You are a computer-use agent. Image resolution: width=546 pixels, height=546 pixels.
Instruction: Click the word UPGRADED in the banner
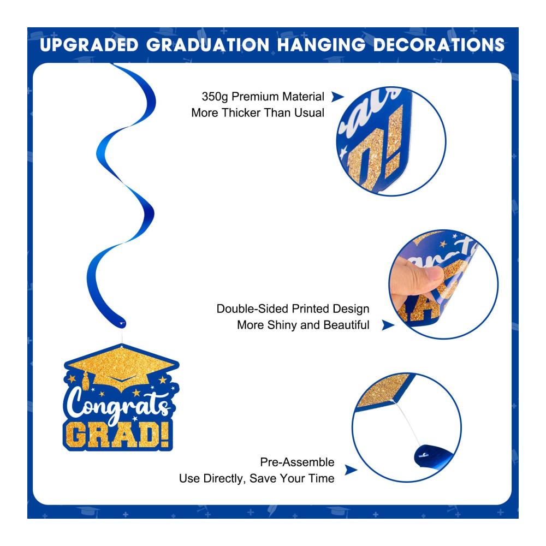click(x=89, y=45)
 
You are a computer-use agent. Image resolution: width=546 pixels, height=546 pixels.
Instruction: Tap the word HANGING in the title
click(x=321, y=45)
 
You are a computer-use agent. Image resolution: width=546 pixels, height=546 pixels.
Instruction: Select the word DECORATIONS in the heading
click(x=439, y=45)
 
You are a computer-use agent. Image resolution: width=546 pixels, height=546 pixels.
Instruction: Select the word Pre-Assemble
click(x=297, y=462)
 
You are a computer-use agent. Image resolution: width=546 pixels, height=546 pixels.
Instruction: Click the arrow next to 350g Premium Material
click(x=337, y=97)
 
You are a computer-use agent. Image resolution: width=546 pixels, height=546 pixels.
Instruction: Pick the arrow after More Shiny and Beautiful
click(x=388, y=325)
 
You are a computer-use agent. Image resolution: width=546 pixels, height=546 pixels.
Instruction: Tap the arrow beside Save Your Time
click(x=351, y=470)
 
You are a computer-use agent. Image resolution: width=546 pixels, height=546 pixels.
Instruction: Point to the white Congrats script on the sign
click(x=118, y=404)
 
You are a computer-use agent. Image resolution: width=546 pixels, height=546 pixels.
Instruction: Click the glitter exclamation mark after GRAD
click(x=166, y=434)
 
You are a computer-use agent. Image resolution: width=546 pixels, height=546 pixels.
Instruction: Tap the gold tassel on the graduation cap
click(x=85, y=380)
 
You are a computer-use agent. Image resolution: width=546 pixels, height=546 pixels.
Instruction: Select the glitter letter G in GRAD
click(x=75, y=435)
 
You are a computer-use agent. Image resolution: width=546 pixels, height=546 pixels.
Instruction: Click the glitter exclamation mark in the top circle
click(x=395, y=143)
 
